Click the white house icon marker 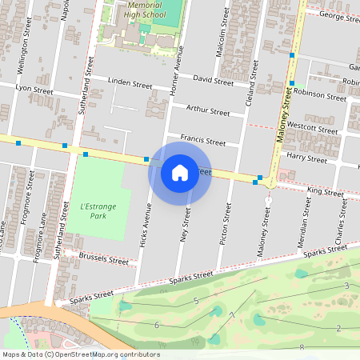[x=180, y=172]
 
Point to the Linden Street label [x=129, y=83]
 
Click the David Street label [x=213, y=81]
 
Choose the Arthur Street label [x=207, y=110]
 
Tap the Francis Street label [x=202, y=140]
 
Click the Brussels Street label [x=104, y=259]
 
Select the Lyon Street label [x=34, y=90]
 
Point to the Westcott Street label [x=313, y=128]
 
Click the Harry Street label [x=307, y=159]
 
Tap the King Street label [x=325, y=192]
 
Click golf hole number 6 [x=157, y=324]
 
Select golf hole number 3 [x=346, y=286]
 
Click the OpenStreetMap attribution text [x=80, y=354]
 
